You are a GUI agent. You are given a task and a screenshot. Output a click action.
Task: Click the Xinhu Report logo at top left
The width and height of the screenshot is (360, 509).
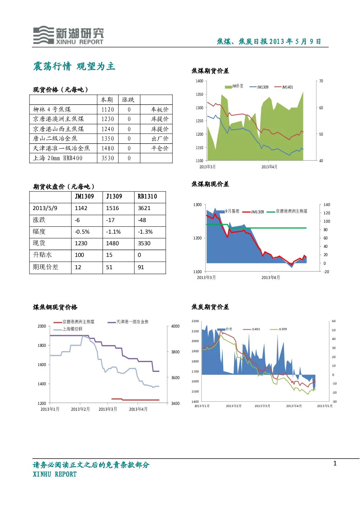69,35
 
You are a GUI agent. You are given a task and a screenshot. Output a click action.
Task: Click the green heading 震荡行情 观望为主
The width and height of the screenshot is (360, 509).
74,66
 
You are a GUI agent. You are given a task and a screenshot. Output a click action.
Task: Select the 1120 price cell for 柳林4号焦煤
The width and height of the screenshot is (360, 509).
108,110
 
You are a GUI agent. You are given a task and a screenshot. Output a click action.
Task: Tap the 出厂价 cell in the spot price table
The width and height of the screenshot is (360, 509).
160,139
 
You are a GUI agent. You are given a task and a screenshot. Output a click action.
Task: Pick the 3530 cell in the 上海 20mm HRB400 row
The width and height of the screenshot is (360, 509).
108,158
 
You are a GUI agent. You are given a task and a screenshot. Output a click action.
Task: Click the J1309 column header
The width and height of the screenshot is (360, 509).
114,196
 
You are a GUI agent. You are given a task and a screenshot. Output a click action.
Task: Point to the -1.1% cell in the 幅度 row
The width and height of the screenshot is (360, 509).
113,232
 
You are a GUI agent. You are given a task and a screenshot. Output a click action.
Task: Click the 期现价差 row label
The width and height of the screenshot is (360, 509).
45,267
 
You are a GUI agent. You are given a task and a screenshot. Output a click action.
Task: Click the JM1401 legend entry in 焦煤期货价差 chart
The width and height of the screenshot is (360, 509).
284,87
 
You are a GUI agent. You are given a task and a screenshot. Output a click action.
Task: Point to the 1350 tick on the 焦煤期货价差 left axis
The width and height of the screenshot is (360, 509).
199,94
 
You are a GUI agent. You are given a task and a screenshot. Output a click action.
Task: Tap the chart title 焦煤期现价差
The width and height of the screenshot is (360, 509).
210,184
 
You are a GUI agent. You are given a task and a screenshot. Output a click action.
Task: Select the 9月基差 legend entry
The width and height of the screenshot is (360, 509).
228,211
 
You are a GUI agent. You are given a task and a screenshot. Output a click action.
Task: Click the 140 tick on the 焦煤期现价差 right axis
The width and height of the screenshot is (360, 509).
327,205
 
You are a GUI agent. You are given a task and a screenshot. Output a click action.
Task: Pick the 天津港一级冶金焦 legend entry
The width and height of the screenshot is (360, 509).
128,322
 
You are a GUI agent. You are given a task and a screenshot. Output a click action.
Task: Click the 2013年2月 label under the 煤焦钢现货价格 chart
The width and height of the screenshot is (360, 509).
80,409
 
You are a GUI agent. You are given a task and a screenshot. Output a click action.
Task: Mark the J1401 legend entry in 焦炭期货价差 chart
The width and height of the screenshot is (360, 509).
251,329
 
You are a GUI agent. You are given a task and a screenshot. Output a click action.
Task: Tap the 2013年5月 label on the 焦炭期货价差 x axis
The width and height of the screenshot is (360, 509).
324,406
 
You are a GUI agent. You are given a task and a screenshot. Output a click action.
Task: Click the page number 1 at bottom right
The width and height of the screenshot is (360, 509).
335,463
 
